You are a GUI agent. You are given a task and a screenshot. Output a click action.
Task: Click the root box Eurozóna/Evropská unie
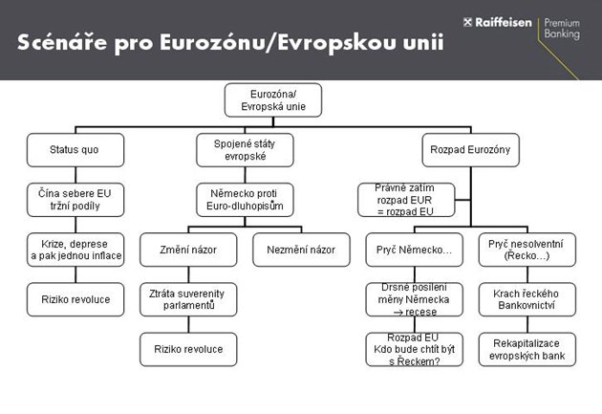272,99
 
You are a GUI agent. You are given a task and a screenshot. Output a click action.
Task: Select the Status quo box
74,149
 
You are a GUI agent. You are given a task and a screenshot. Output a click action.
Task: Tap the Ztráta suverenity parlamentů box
188,298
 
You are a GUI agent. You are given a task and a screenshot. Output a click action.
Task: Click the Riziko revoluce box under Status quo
74,299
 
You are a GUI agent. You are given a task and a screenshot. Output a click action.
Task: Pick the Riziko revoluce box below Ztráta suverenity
188,349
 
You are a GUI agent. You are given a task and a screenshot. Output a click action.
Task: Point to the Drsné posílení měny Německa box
414,298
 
